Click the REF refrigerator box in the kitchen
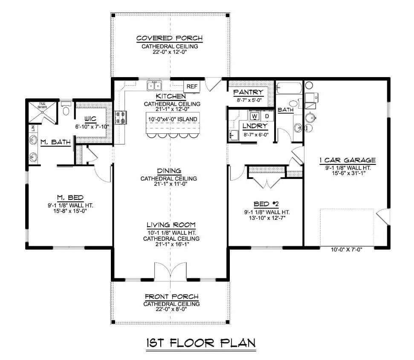tap(192, 86)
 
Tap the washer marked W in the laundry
tap(255, 116)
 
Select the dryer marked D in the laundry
tap(267, 116)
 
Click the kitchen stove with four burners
tap(120, 117)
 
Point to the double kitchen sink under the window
tap(154, 86)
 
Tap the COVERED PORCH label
tap(170, 38)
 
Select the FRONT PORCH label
tap(171, 296)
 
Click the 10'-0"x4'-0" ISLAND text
tap(173, 118)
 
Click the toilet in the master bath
tap(65, 110)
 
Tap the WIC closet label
tap(90, 120)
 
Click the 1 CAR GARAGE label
tap(347, 161)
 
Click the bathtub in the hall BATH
tap(289, 88)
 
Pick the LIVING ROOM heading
tap(171, 225)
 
